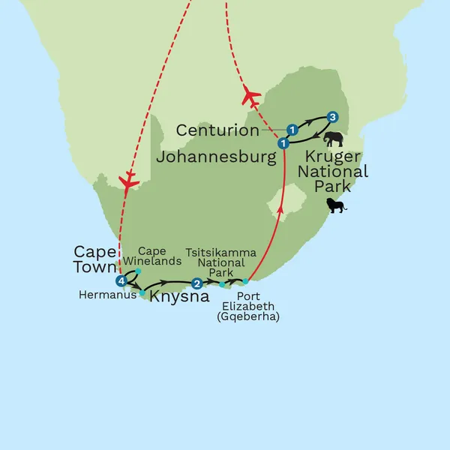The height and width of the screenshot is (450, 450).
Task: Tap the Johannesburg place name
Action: (x=212, y=157)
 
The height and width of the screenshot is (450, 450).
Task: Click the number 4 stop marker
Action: (x=121, y=281)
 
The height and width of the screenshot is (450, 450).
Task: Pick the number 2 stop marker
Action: (x=196, y=283)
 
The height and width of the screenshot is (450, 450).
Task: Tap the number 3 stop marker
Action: (x=332, y=117)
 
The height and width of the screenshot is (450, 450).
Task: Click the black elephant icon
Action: (x=333, y=139)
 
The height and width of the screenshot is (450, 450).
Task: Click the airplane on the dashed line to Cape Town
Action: (x=130, y=181)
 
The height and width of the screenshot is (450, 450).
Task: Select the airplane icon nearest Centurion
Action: (x=250, y=96)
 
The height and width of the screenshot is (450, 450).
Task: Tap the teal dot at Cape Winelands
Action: (x=139, y=271)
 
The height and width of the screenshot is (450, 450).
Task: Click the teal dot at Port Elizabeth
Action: (x=245, y=281)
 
